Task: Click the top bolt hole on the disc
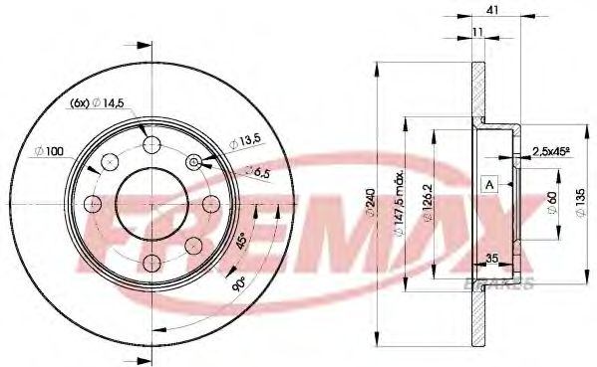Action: pyautogui.click(x=151, y=146)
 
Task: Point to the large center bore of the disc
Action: pyautogui.click(x=151, y=204)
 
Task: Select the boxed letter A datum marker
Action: pyautogui.click(x=489, y=184)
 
